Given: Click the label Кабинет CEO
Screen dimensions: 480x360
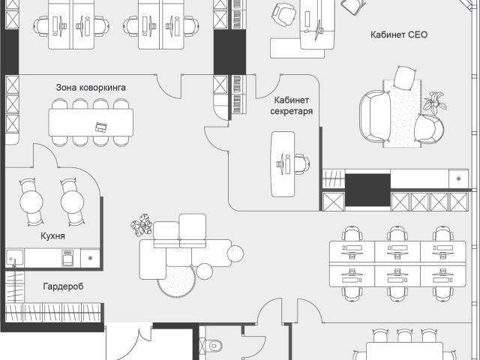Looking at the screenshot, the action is [x=399, y=34].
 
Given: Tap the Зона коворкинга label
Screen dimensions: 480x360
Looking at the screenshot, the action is [x=91, y=88].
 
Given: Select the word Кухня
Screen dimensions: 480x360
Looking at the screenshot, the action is [x=52, y=236].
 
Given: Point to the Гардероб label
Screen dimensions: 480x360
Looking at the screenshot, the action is [x=63, y=286].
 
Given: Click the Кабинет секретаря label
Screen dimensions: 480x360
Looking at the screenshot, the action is [x=292, y=106].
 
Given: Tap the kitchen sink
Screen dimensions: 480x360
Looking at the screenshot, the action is [x=14, y=258].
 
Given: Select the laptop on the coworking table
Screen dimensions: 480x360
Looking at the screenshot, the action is [x=100, y=127].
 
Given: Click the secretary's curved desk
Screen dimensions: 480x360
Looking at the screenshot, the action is [x=283, y=164].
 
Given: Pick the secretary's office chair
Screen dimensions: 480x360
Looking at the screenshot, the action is [x=303, y=163].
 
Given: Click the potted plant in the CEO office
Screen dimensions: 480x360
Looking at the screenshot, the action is [x=435, y=102].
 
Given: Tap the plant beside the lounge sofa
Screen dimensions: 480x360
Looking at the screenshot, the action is [x=142, y=224].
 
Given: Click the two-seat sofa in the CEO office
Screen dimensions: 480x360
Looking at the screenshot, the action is [x=375, y=116].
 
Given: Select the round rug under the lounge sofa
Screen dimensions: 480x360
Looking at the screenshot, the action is [x=177, y=280].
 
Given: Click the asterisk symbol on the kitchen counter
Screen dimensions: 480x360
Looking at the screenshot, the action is [x=90, y=258].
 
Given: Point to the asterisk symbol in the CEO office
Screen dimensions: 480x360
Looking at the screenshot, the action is [x=458, y=178].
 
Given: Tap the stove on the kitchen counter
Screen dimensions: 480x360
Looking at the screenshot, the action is [x=67, y=258].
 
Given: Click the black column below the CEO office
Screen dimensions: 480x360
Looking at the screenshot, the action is [x=367, y=190].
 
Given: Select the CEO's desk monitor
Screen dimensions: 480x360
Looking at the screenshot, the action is [x=318, y=30].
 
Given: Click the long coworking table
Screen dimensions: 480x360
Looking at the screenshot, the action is [x=91, y=122].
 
